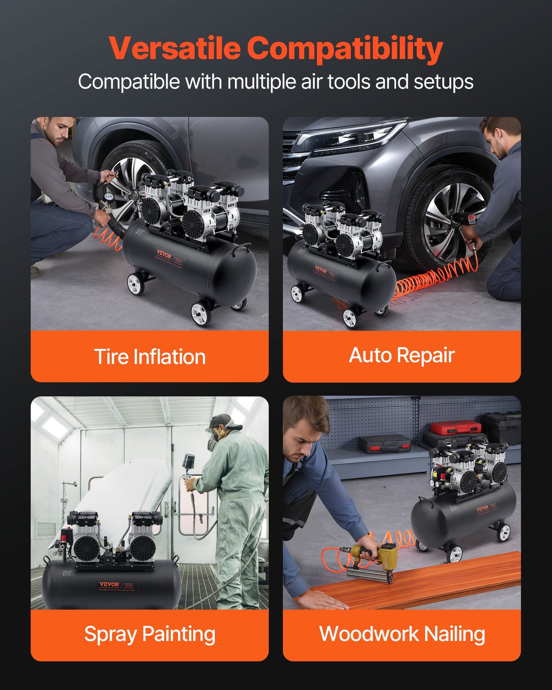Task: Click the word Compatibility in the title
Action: [345, 49]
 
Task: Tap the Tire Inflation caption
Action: [150, 356]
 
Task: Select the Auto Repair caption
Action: [401, 355]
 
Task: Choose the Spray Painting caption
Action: [150, 634]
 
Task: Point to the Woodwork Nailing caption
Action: [402, 634]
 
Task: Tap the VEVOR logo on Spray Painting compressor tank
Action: [109, 584]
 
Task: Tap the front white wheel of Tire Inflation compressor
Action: [201, 313]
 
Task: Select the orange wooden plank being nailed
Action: [420, 581]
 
